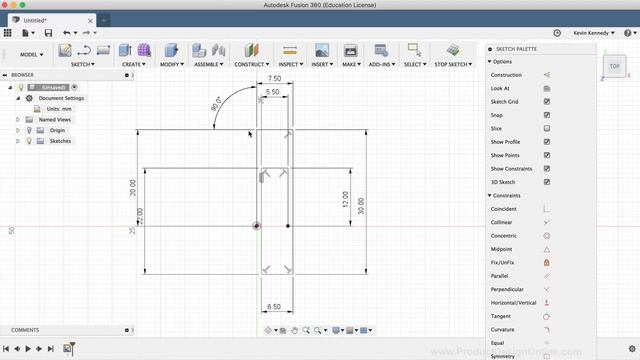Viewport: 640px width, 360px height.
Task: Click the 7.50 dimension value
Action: coord(273,78)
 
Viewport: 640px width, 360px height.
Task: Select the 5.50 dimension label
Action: coord(273,91)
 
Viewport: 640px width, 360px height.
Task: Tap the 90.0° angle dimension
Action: coord(216,103)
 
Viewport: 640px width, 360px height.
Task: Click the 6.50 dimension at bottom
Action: coord(273,306)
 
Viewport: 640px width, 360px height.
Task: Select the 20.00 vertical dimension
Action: coord(132,187)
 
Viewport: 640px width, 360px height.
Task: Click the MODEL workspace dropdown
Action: coord(31,55)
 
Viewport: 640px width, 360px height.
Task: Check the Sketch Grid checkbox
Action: coord(547,101)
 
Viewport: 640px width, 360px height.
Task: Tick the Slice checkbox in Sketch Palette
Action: coord(547,128)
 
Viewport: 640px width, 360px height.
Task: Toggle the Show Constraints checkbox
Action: coord(547,168)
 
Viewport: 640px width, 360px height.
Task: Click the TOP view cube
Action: coord(614,66)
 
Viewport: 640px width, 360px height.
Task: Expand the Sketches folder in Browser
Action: coord(17,141)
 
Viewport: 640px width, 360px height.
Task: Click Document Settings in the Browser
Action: coord(61,98)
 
